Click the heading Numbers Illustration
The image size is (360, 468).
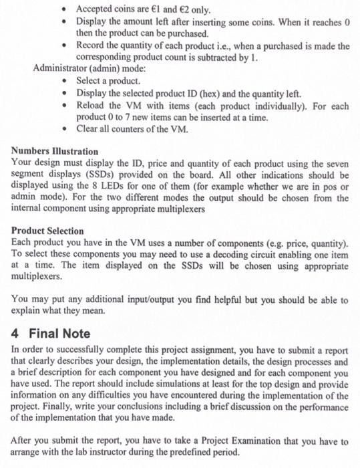tap(55, 152)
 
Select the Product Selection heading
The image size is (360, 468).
tap(47, 229)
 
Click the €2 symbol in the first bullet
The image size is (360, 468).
tap(176, 11)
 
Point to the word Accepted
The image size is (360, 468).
tap(95, 11)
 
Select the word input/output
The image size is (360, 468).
tap(164, 300)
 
